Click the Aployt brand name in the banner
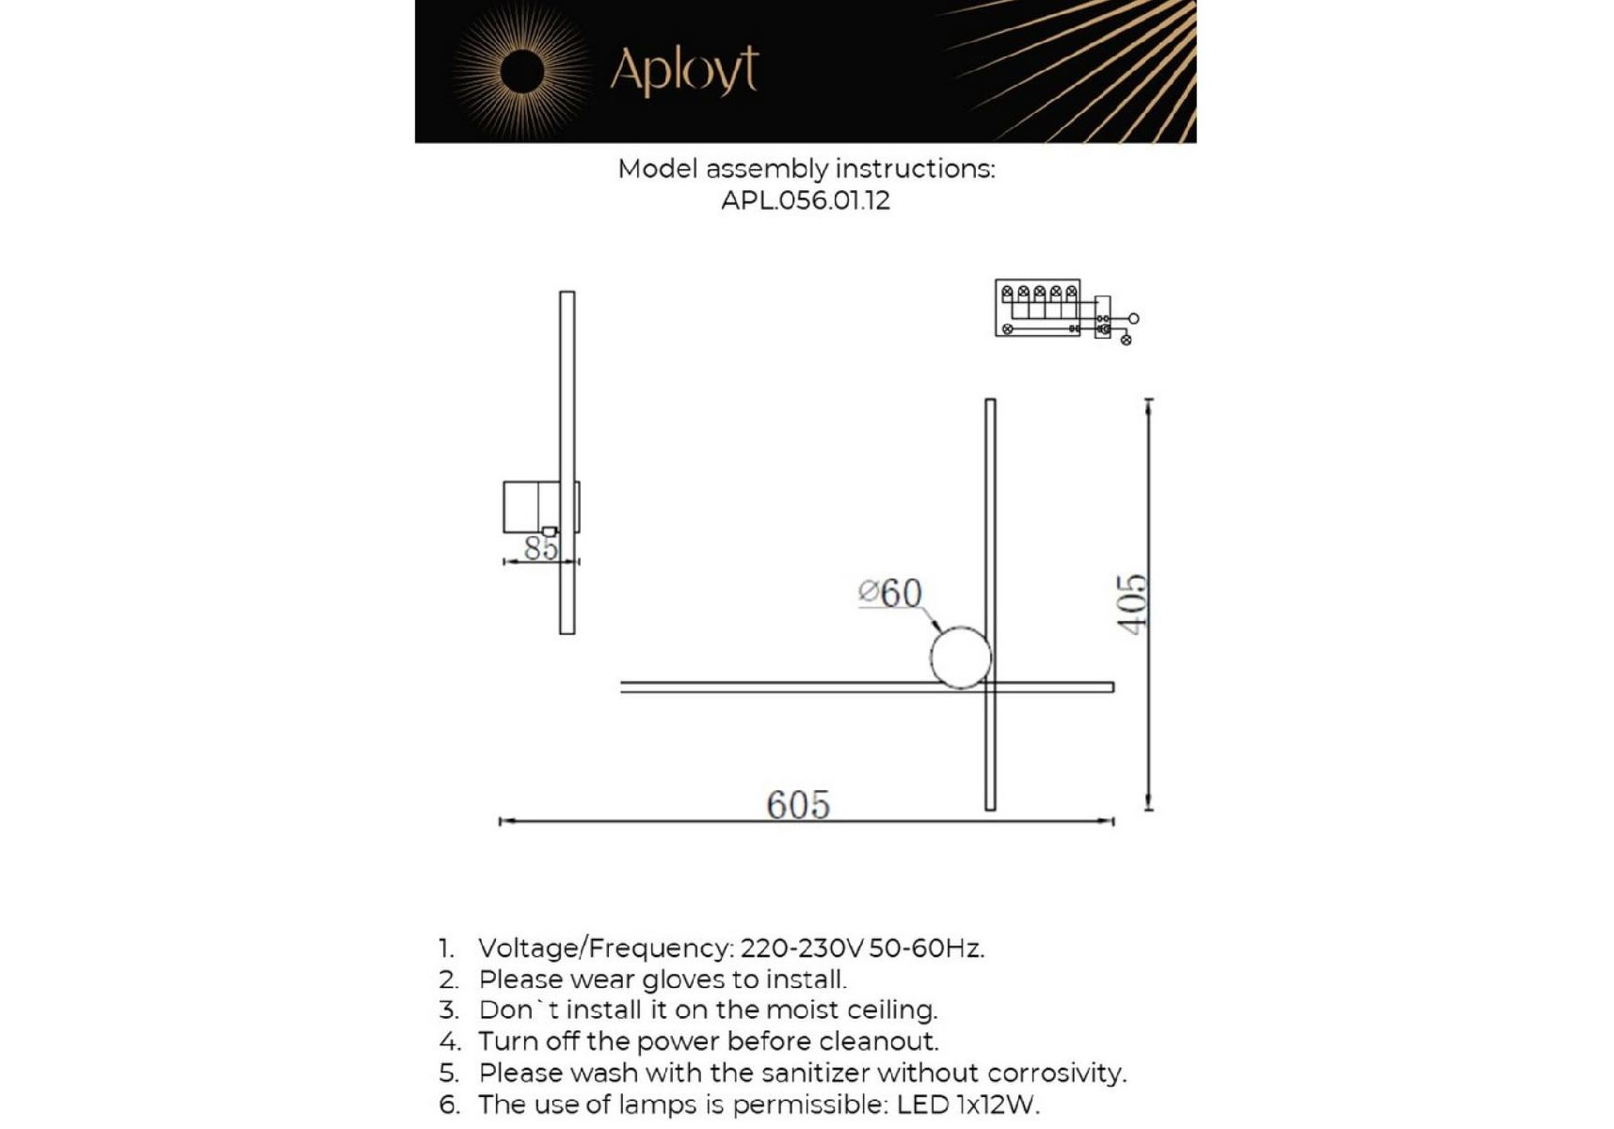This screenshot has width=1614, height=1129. tap(684, 70)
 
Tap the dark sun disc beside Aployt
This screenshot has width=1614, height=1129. tap(521, 72)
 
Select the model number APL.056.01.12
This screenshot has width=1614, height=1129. tap(805, 200)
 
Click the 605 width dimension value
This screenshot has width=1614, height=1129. tap(798, 804)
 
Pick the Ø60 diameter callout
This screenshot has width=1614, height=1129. tap(890, 593)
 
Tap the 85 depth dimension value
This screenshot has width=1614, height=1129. tap(541, 548)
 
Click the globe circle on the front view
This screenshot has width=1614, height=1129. tap(960, 657)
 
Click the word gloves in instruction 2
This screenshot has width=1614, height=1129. tap(684, 980)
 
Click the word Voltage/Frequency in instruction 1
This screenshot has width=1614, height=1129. tap(605, 948)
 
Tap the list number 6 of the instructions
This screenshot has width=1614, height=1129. tap(449, 1105)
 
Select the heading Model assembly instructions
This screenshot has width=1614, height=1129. tap(806, 169)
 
